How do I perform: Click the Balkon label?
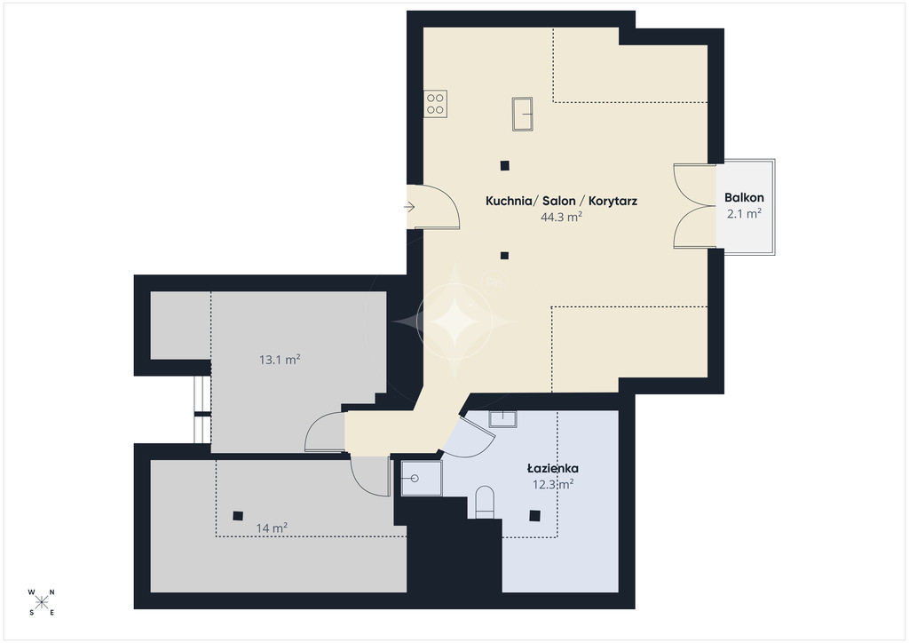[744, 198]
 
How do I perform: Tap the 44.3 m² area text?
[561, 217]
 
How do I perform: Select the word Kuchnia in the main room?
[509, 202]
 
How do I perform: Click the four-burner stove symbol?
[435, 105]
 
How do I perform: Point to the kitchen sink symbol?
[522, 115]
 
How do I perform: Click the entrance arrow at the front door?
[409, 207]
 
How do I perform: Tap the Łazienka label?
[552, 468]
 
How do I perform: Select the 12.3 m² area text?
[553, 484]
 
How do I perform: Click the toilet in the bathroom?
[485, 502]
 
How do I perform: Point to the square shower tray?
[422, 479]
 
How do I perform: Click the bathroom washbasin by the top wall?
[502, 419]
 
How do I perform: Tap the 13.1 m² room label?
[280, 360]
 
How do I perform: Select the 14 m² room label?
[272, 528]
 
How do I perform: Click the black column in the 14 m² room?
[238, 516]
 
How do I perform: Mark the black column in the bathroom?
[535, 515]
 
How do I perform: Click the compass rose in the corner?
[41, 602]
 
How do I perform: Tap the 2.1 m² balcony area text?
[745, 214]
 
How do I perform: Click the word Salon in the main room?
[559, 202]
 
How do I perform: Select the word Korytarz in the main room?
[613, 202]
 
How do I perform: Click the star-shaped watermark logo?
[454, 321]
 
